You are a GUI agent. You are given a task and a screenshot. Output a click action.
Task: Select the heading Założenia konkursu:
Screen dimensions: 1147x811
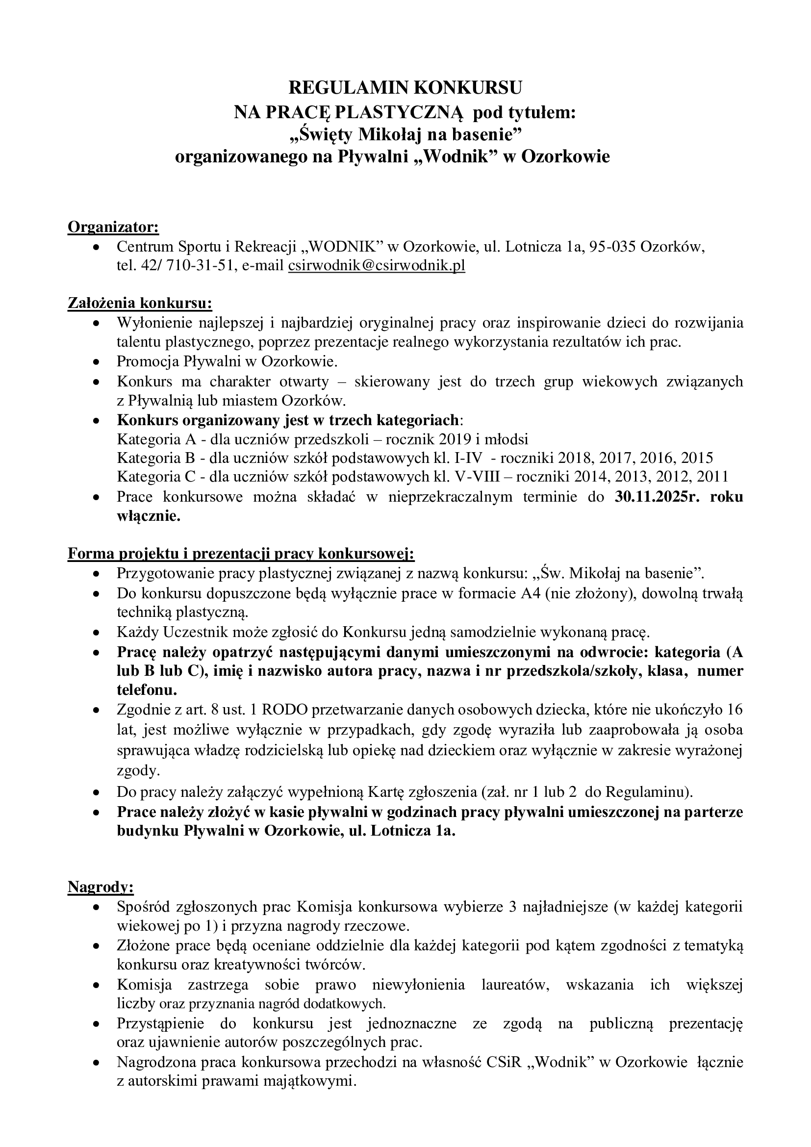140,303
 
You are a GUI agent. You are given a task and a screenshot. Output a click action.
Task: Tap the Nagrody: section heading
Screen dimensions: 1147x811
101,887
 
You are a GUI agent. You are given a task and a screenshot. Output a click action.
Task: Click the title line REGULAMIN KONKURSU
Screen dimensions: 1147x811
405,88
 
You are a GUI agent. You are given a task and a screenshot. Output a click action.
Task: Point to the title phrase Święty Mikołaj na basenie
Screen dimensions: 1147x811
405,134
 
